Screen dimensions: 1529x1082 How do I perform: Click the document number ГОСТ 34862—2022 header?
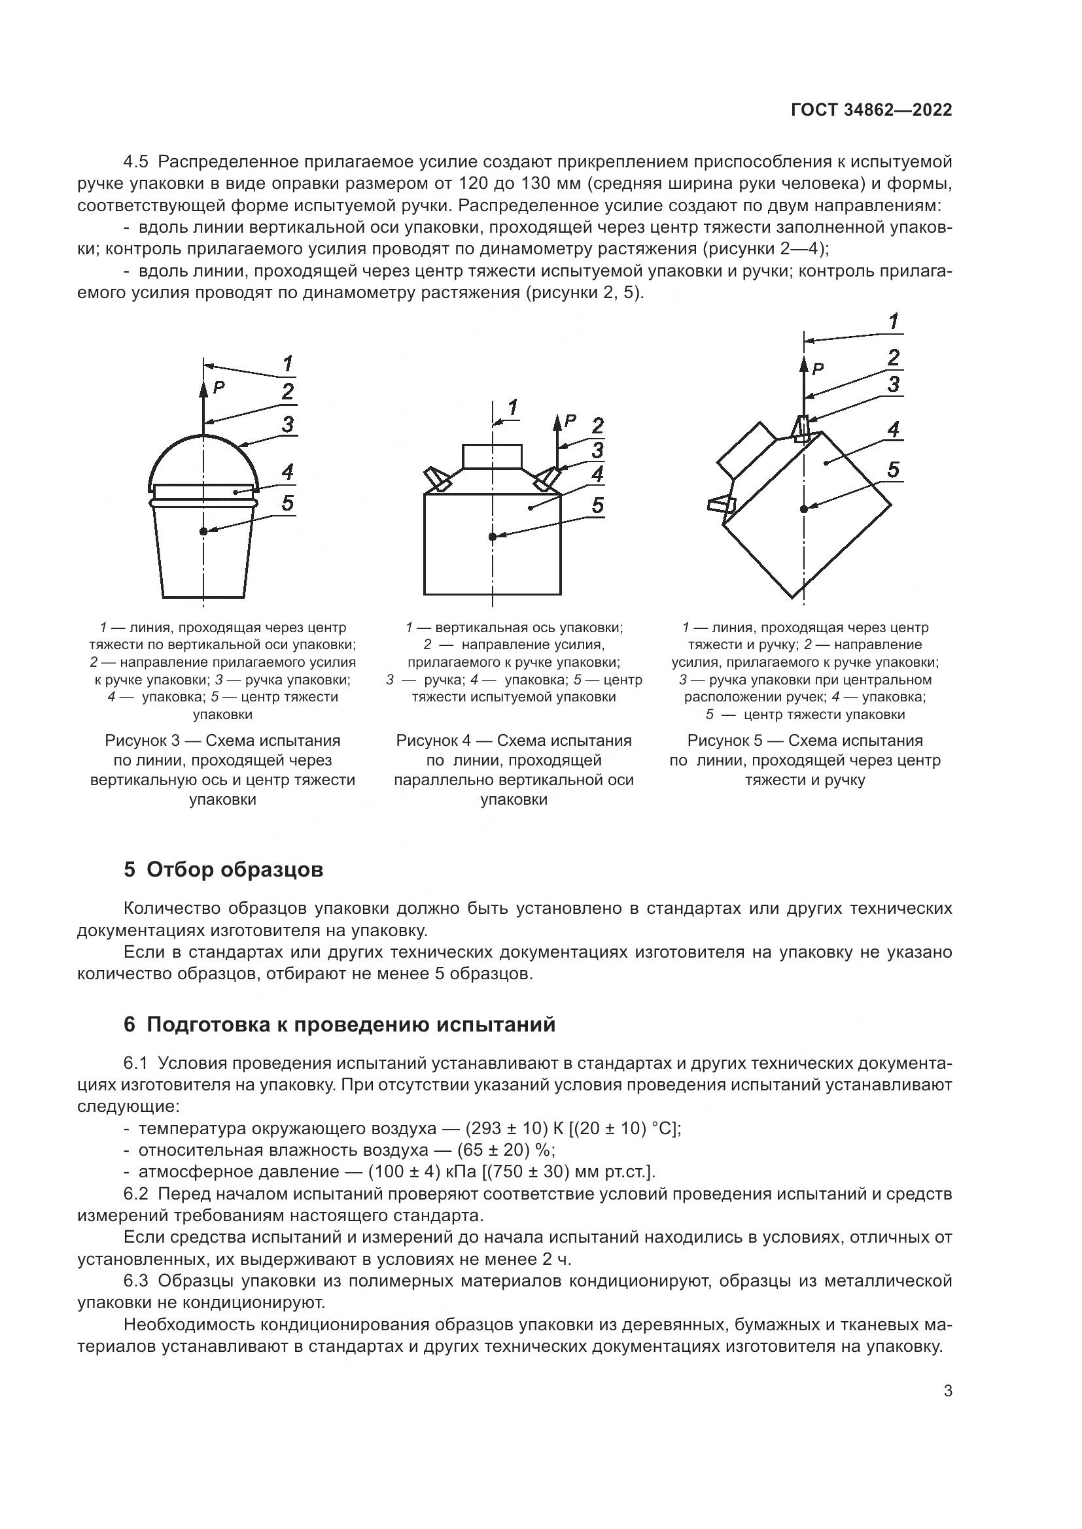point(871,110)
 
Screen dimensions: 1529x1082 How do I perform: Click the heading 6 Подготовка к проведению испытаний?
point(339,1024)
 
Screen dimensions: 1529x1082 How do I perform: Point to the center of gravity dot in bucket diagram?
point(203,531)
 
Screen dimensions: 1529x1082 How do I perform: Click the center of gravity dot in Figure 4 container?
point(492,537)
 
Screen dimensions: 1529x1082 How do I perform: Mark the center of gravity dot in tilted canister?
point(804,509)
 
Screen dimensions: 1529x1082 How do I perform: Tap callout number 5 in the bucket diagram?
point(287,503)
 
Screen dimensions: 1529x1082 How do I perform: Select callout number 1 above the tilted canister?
point(894,322)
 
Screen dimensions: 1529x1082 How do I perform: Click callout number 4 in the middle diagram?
point(598,474)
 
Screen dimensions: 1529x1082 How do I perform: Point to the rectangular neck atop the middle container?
point(492,456)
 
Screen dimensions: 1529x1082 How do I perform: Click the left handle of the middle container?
point(436,479)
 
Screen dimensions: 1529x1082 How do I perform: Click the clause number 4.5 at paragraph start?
point(137,162)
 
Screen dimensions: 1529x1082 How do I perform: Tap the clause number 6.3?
point(137,1281)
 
